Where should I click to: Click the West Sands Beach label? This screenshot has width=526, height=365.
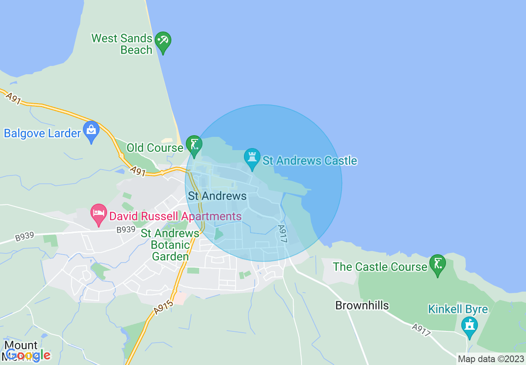click(122, 44)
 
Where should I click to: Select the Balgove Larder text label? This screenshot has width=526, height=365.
click(42, 134)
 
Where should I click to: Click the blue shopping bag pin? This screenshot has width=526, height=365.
click(91, 131)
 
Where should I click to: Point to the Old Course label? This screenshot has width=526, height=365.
click(155, 148)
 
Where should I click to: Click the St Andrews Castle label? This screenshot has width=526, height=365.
click(310, 161)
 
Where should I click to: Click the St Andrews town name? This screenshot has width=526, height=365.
click(217, 196)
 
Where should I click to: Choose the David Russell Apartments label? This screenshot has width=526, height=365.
click(175, 216)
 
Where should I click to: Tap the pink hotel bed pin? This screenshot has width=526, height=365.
click(99, 214)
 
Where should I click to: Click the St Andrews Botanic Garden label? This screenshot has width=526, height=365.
click(170, 245)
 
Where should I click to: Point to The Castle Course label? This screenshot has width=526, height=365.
click(380, 267)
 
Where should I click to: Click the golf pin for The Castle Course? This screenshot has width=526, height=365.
click(438, 264)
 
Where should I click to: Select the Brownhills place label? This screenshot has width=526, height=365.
click(362, 306)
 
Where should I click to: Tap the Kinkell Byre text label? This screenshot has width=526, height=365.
click(458, 309)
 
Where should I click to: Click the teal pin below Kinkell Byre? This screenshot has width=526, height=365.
click(470, 326)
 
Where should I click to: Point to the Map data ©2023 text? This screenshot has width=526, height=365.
click(491, 359)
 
